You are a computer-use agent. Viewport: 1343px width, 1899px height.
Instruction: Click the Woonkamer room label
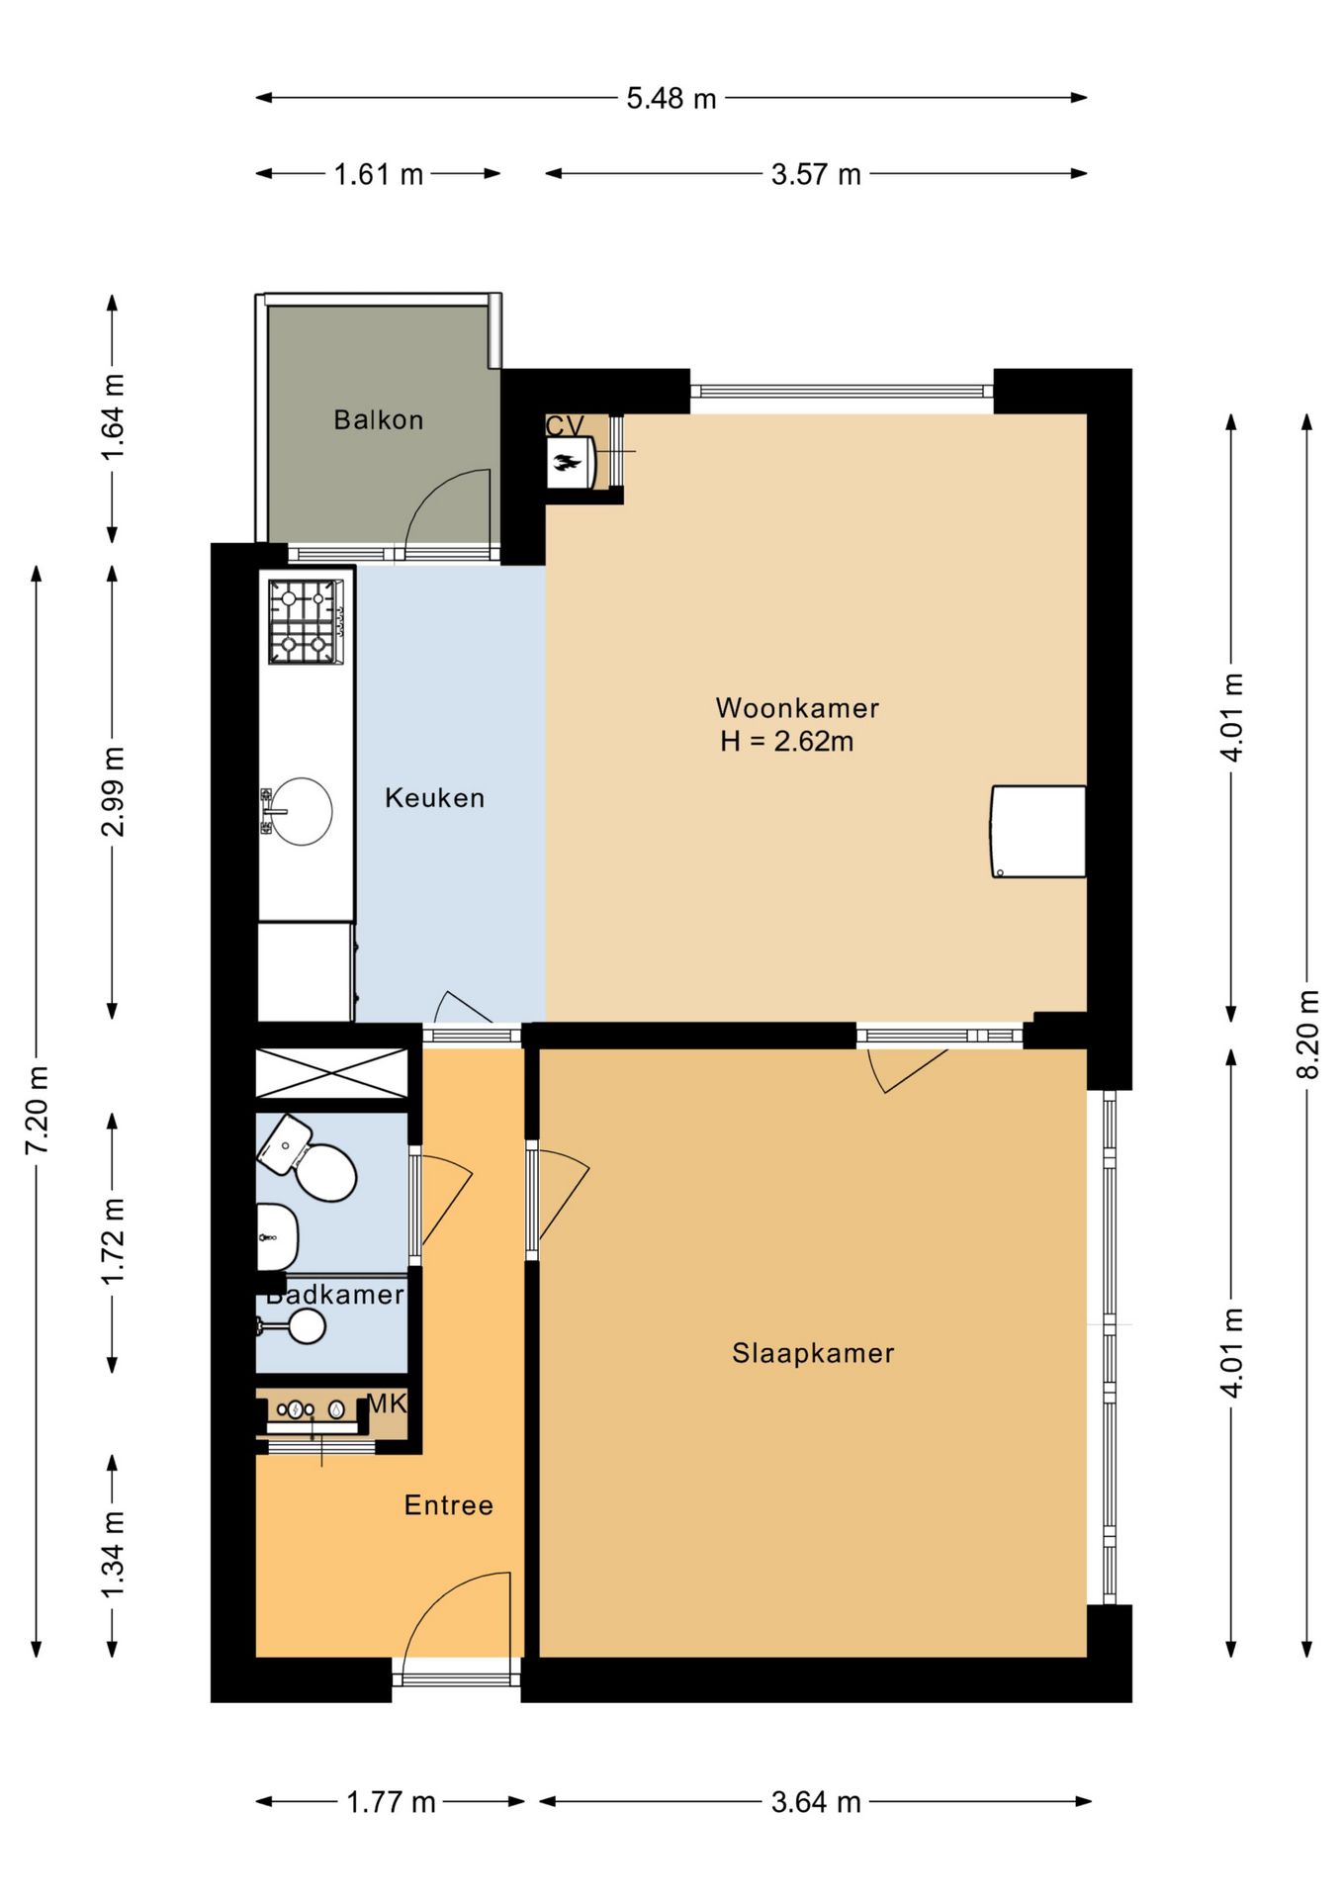pyautogui.click(x=797, y=708)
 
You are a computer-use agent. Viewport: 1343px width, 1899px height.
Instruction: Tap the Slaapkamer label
pyautogui.click(x=813, y=1353)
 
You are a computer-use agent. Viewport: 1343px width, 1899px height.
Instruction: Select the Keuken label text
pyautogui.click(x=434, y=798)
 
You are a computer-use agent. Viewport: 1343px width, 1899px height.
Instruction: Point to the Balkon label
pyautogui.click(x=378, y=420)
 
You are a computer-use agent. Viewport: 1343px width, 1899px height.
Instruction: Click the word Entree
pyautogui.click(x=448, y=1505)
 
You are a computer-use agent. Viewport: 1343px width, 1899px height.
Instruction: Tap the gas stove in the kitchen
pyautogui.click(x=307, y=622)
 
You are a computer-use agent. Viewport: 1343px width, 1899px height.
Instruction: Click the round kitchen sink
pyautogui.click(x=301, y=812)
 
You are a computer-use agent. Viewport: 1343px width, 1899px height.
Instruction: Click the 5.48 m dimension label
pyautogui.click(x=671, y=99)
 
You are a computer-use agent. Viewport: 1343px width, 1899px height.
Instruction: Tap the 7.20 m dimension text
pyautogui.click(x=37, y=1111)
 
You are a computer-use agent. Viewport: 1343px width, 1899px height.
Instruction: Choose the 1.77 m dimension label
pyautogui.click(x=391, y=1802)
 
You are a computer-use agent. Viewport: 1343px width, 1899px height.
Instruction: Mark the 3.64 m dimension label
pyautogui.click(x=816, y=1802)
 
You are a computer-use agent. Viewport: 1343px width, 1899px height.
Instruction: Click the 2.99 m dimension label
pyautogui.click(x=113, y=792)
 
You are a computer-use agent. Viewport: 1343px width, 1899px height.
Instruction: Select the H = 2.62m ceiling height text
pyautogui.click(x=786, y=741)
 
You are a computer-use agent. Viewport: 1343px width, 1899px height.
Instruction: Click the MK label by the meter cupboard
pyautogui.click(x=386, y=1402)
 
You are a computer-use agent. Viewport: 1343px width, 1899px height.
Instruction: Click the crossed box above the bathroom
pyautogui.click(x=331, y=1073)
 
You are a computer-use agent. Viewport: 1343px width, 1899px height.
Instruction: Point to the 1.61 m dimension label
pyautogui.click(x=379, y=175)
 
